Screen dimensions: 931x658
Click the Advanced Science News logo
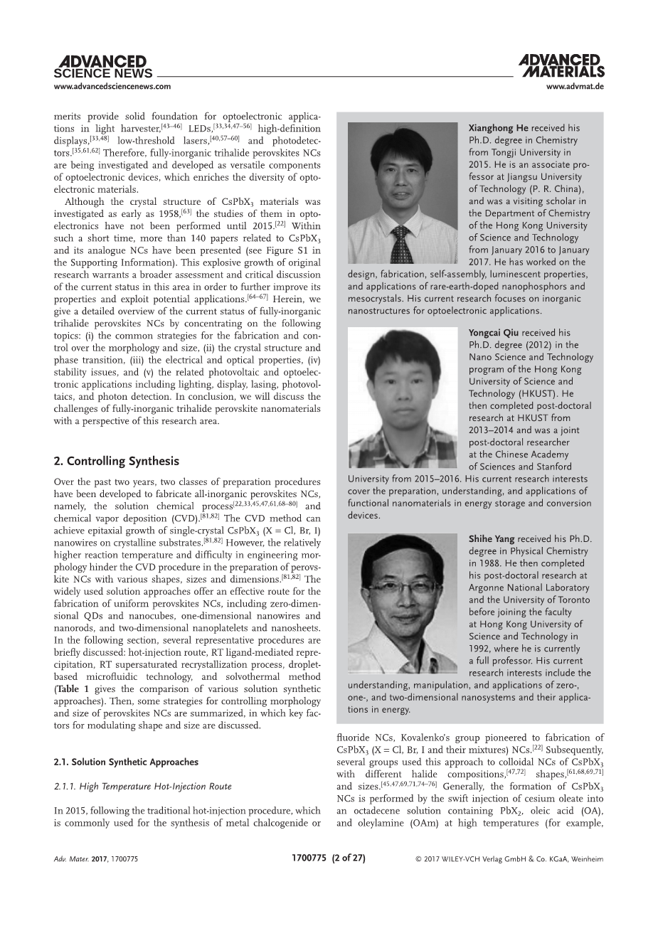tap(103, 67)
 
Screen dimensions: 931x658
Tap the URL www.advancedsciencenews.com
tap(112, 87)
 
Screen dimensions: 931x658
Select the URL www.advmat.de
tap(575, 87)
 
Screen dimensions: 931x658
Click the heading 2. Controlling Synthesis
tap(117, 461)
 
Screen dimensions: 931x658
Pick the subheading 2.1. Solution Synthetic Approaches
tap(126, 762)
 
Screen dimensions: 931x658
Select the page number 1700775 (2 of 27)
tap(329, 858)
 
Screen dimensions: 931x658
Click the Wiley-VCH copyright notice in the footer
tap(509, 859)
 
